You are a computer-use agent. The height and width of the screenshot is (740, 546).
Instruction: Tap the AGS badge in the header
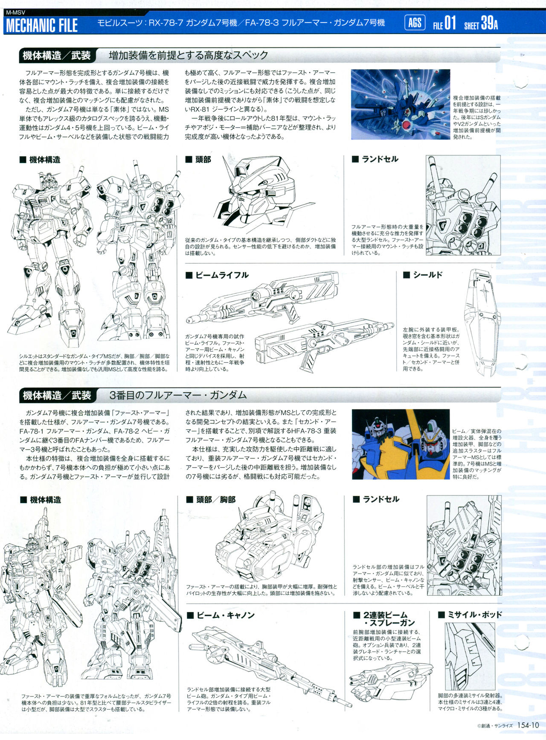[x=415, y=22]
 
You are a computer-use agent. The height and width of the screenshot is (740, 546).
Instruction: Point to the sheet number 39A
[x=489, y=23]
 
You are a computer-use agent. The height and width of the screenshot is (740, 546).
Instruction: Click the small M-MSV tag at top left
[x=16, y=12]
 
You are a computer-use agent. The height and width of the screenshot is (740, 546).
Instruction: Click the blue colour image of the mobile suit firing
[x=401, y=105]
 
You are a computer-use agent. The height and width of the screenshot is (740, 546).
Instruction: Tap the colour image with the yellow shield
[x=401, y=444]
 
